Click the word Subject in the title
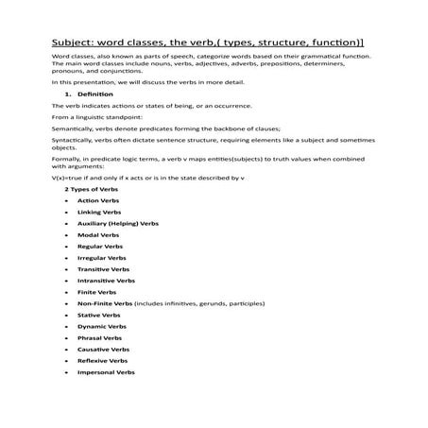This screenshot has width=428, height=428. pyautogui.click(x=76, y=43)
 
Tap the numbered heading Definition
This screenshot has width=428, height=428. pyautogui.click(x=94, y=95)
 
